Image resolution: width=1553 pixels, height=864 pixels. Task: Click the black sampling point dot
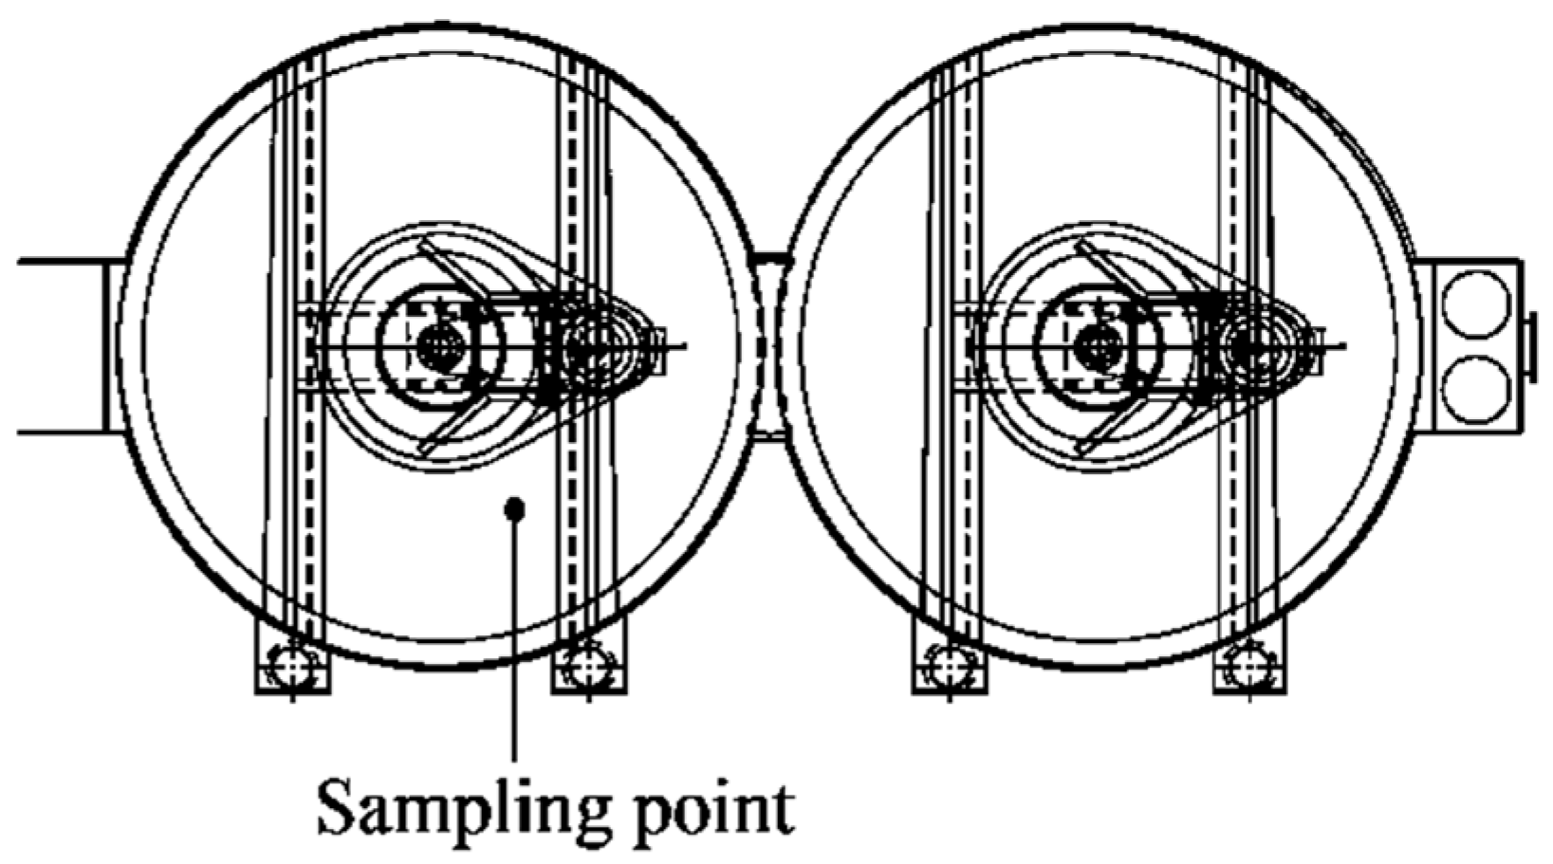[514, 509]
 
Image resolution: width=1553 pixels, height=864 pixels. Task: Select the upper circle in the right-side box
[1474, 303]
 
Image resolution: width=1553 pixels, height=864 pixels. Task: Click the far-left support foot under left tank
[292, 667]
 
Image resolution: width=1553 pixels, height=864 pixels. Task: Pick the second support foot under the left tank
[588, 667]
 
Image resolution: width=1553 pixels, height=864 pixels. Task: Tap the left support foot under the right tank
[949, 667]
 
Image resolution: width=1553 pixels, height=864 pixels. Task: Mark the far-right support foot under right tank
[1249, 667]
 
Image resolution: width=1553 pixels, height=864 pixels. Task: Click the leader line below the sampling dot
[515, 645]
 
